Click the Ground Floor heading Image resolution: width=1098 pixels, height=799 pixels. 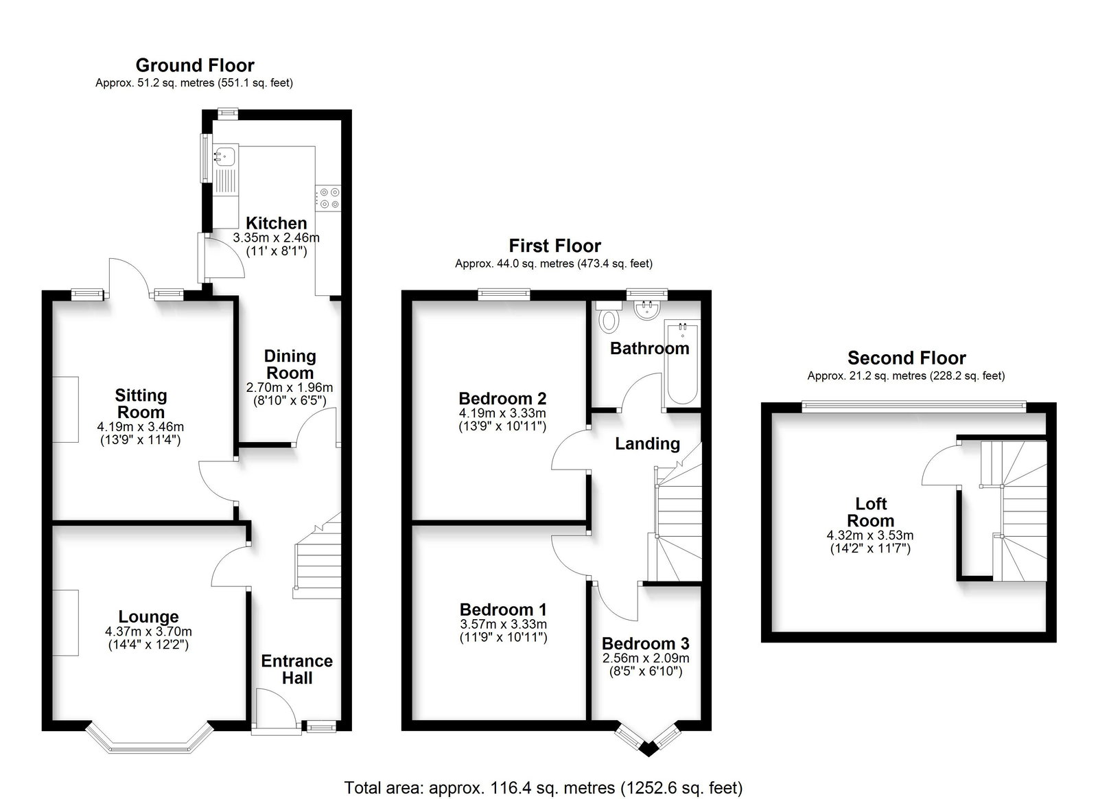(x=195, y=65)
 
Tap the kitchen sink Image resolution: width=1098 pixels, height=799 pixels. (x=226, y=170)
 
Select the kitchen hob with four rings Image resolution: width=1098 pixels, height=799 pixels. (x=328, y=198)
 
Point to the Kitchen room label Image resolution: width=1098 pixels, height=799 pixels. (x=276, y=223)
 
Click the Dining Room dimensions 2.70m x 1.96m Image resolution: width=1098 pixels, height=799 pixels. (x=289, y=387)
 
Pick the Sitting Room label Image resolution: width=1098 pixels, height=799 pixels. (x=141, y=404)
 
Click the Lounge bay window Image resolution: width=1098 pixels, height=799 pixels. (x=150, y=739)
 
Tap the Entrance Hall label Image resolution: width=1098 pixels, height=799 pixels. (x=297, y=669)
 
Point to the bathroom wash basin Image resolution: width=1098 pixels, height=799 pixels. (x=647, y=310)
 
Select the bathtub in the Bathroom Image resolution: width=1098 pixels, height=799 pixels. (x=682, y=362)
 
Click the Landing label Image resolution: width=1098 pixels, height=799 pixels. (x=648, y=443)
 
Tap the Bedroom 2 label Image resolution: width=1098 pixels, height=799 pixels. (x=502, y=398)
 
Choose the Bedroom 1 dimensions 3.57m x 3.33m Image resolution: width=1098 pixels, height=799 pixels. (x=503, y=624)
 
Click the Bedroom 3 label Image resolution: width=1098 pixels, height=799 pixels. (x=646, y=643)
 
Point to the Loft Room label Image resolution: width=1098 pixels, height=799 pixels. (x=871, y=512)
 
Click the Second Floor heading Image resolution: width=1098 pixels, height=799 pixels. (x=907, y=358)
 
